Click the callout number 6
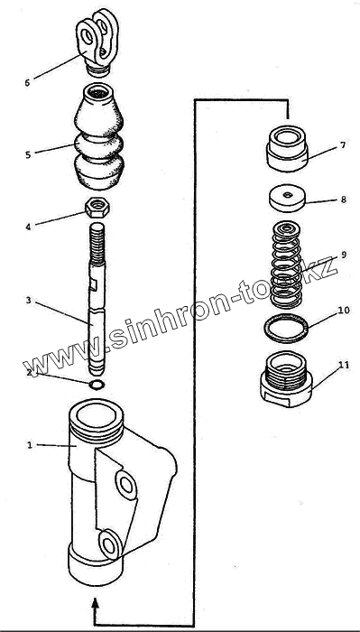click(x=27, y=83)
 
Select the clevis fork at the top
click(x=97, y=42)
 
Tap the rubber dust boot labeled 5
click(x=98, y=136)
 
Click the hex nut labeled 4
click(x=97, y=208)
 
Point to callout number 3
click(x=28, y=301)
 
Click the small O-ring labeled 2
click(x=97, y=385)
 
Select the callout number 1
click(x=29, y=445)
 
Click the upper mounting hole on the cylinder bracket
click(x=126, y=485)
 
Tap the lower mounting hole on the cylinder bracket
click(x=109, y=544)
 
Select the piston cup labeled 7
click(x=287, y=148)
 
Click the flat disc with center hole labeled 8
click(x=287, y=198)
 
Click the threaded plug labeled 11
click(x=286, y=379)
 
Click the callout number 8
click(x=343, y=200)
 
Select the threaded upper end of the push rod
click(x=97, y=245)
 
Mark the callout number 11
click(x=344, y=365)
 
